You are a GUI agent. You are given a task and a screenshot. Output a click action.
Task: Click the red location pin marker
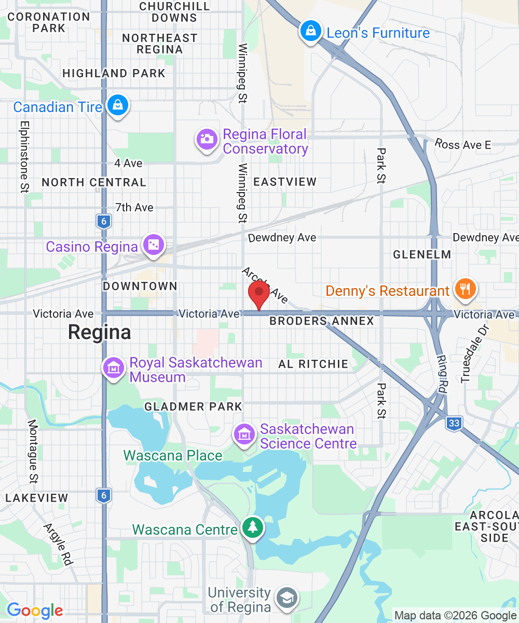[259, 293]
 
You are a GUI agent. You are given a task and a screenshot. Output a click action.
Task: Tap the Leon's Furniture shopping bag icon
[310, 32]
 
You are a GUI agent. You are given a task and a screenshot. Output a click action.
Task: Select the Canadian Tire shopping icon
[118, 105]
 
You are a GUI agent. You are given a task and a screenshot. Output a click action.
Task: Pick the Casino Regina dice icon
[154, 246]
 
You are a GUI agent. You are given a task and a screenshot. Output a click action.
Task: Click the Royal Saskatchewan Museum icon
[113, 368]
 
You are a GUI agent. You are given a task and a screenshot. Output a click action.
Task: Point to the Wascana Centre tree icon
[253, 528]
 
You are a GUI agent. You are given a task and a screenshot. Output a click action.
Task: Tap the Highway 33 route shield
[454, 423]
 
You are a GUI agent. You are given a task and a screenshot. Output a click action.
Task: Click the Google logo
[35, 611]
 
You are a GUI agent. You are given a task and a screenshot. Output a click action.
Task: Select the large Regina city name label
[100, 332]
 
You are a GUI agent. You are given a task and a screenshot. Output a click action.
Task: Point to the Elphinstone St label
[24, 156]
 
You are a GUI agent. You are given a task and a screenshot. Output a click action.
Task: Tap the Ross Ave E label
[463, 145]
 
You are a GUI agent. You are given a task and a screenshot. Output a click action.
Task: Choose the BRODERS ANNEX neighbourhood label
[322, 321]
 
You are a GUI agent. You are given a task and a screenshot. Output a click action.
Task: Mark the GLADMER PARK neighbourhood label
[194, 407]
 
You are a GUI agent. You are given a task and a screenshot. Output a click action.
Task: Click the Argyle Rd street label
[58, 544]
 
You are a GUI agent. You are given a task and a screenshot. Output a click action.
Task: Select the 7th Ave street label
[134, 208]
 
